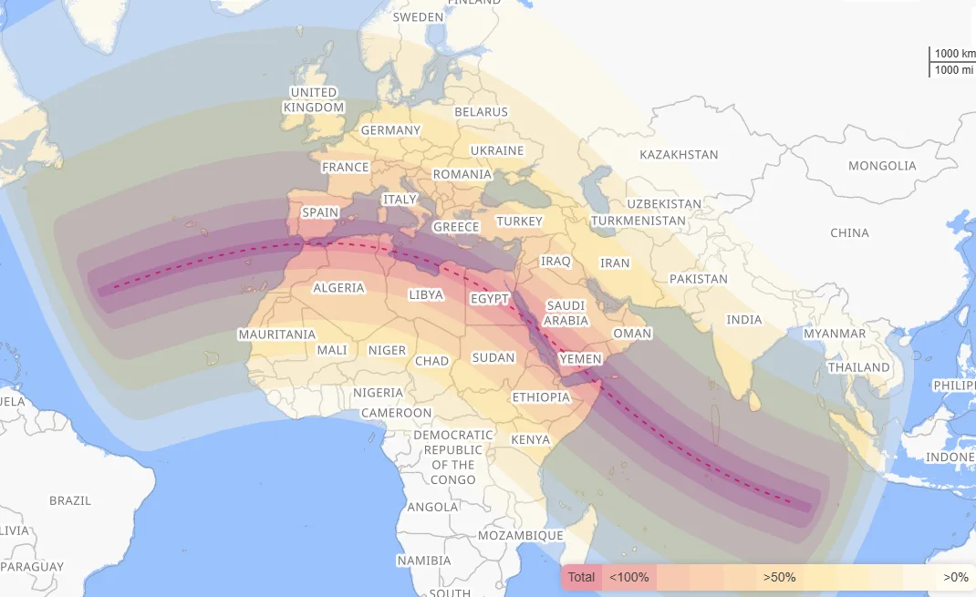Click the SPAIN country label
pos(320,212)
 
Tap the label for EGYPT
pos(490,299)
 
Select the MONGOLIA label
pos(882,166)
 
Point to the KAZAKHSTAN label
pos(679,155)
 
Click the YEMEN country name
pos(581,359)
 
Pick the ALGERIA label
pos(338,288)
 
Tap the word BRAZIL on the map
pos(70,500)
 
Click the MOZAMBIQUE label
pos(521,535)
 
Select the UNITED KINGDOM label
pos(314,100)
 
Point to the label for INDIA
pos(743,320)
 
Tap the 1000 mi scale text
pos(953,69)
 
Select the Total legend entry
pos(581,577)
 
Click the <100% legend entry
pos(629,577)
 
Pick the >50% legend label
pos(780,577)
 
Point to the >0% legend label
pos(955,577)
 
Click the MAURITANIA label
pos(276,335)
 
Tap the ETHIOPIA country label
pos(541,397)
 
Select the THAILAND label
pos(858,367)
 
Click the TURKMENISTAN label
pos(638,221)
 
